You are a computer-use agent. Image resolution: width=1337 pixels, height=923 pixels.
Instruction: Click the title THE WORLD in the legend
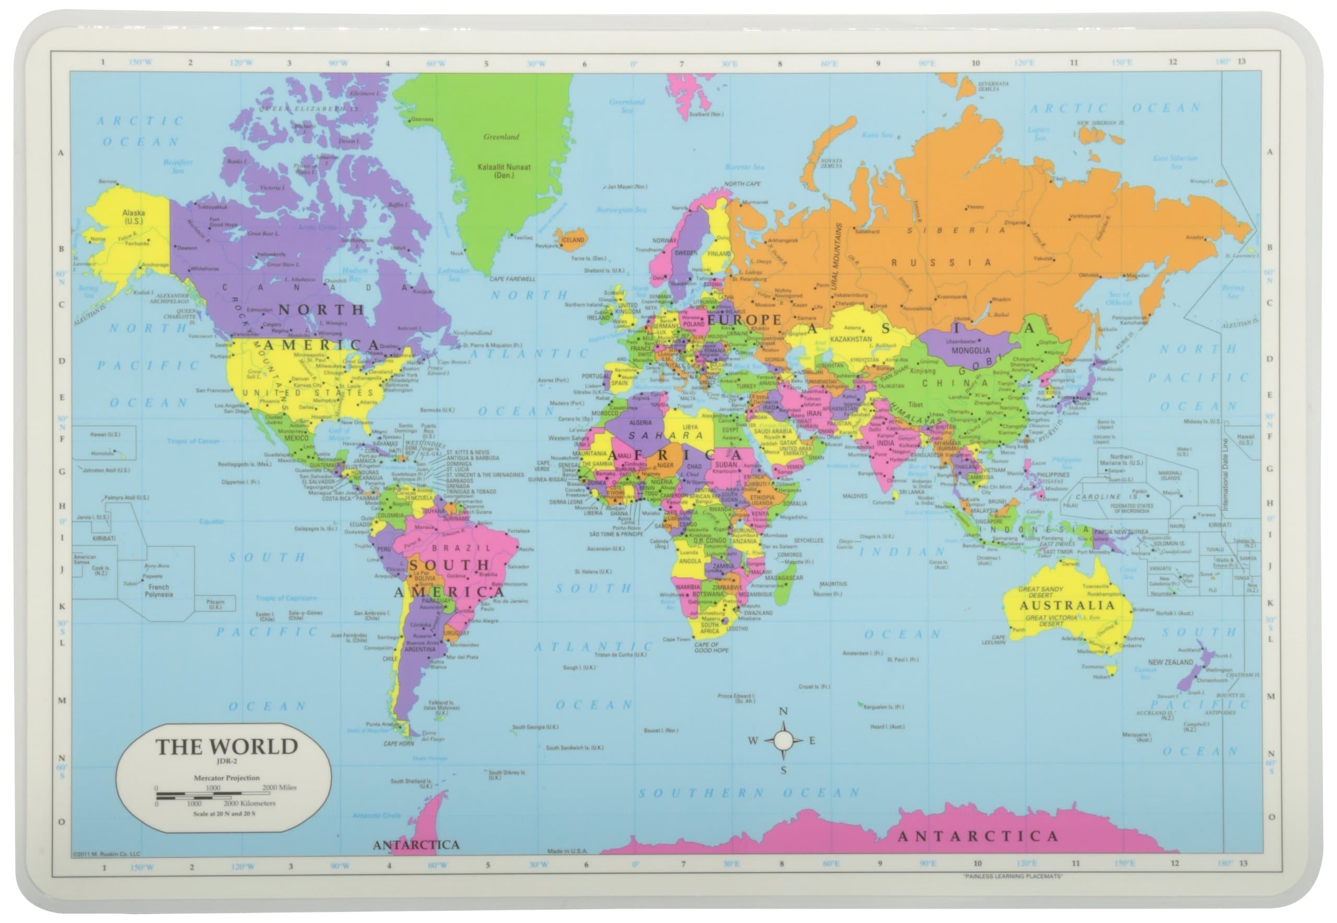tap(226, 746)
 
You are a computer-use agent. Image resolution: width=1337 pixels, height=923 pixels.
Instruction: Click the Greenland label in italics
tap(501, 137)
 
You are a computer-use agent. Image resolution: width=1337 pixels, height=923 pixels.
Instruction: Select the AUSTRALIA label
tap(1066, 605)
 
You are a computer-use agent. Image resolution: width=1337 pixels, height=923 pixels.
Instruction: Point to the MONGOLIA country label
tap(970, 350)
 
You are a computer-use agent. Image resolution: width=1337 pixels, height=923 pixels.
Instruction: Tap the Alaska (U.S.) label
tap(133, 216)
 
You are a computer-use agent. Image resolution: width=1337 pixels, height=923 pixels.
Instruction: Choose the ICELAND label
tap(573, 239)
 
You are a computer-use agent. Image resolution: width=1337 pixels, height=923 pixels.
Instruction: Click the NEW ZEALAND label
tap(1170, 662)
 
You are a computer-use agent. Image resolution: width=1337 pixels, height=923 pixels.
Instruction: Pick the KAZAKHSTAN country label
tap(851, 340)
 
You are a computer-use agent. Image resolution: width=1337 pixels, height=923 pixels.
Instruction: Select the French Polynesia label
tap(158, 590)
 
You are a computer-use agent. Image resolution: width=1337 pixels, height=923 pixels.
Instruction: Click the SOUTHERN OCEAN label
tap(749, 793)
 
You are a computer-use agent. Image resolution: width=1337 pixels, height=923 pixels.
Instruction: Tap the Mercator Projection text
tap(226, 778)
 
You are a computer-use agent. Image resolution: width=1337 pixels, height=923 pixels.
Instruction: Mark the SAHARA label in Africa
tap(665, 436)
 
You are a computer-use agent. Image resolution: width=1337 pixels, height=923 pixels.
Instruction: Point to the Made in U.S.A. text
tap(567, 851)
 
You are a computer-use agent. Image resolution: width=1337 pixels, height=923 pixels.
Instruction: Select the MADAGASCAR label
tap(784, 578)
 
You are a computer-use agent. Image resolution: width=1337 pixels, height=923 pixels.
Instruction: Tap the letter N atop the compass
tap(783, 711)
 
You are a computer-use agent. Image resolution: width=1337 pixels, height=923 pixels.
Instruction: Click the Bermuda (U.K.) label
tap(437, 410)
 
